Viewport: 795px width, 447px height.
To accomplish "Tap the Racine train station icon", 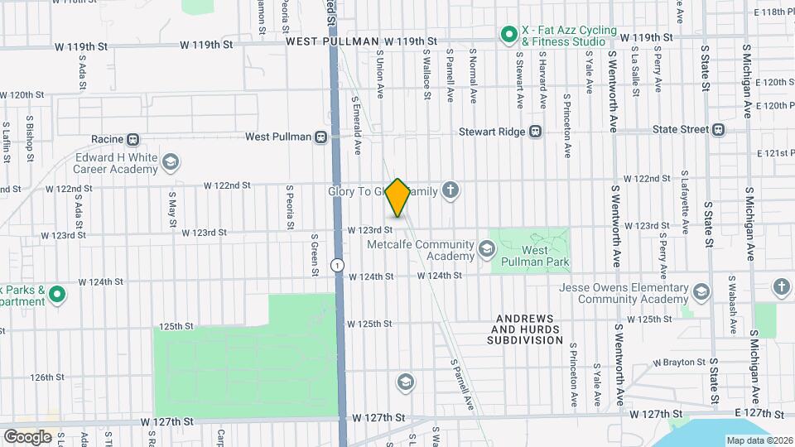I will point(132,139).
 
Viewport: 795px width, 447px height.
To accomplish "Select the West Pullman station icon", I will point(321,137).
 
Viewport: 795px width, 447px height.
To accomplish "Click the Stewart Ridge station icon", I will point(536,131).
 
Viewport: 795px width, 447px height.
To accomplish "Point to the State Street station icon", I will point(718,129).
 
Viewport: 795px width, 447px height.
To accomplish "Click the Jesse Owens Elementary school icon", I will point(701,291).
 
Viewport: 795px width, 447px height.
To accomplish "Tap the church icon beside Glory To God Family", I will point(450,191).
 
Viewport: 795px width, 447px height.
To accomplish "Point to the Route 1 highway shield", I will point(337,265).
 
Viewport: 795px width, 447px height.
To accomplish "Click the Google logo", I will point(27,436).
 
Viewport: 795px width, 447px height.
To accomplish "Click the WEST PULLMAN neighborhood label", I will point(333,41).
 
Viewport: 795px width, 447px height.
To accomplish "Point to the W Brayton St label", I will point(679,363).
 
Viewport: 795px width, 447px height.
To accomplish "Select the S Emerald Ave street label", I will point(359,124).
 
